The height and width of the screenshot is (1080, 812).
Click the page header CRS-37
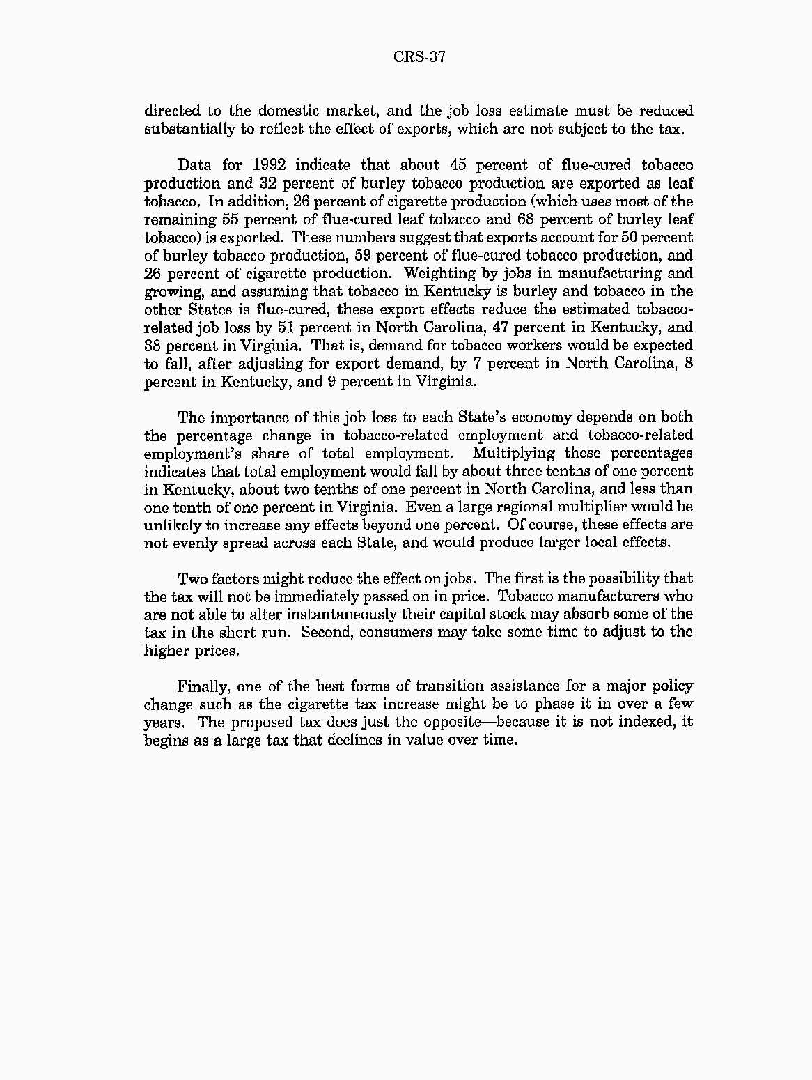coord(419,57)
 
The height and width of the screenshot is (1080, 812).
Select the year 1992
coord(264,165)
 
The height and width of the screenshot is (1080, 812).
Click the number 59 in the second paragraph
coord(366,256)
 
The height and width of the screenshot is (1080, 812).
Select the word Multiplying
coord(513,454)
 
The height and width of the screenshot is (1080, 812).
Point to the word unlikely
coord(171,525)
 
